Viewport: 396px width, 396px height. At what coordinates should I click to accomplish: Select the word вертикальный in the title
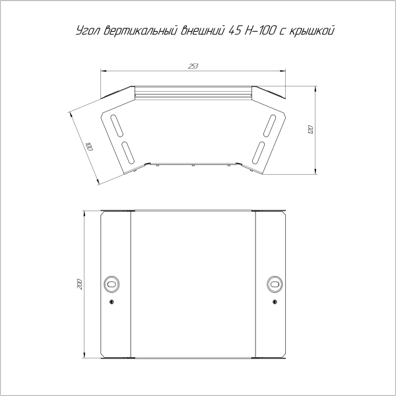point(138,31)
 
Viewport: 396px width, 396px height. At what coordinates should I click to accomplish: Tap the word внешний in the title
point(202,31)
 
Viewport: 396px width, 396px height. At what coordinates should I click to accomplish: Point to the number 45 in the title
point(234,31)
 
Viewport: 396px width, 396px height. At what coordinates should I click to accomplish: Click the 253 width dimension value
point(193,65)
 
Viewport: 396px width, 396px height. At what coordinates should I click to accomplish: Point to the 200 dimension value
point(79,284)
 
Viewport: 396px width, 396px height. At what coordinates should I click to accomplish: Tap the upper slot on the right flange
point(269,124)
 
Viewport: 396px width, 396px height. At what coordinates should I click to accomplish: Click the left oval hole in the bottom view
point(112,283)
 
